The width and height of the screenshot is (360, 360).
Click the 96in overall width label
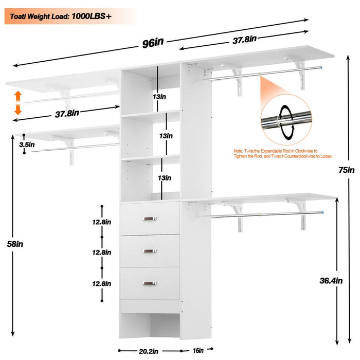pos(152,43)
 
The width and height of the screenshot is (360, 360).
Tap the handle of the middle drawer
pos(150,251)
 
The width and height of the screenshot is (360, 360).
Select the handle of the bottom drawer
pos(150,283)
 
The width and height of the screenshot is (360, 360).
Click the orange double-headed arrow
pos(17,102)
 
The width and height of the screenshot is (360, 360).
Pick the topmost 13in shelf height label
pos(159,96)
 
